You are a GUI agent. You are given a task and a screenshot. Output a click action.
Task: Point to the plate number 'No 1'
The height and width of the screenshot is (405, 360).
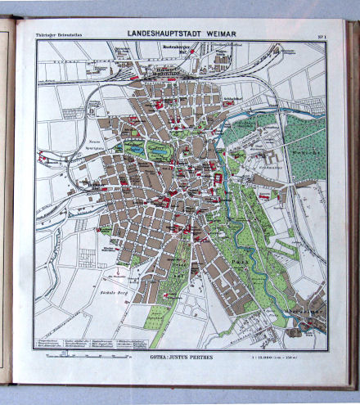pyautogui.click(x=320, y=34)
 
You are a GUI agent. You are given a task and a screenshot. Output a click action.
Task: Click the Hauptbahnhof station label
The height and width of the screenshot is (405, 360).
pyautogui.click(x=166, y=72)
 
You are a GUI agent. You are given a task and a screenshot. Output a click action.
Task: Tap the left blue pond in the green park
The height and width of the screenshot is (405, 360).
pyautogui.click(x=134, y=149)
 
